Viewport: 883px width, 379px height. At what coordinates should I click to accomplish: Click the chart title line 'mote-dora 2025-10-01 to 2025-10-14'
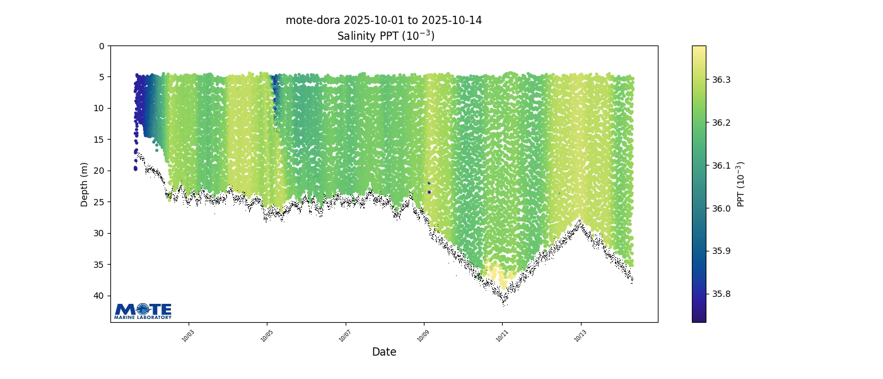[x=383, y=20]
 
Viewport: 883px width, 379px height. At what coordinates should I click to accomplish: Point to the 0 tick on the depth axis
[x=102, y=46]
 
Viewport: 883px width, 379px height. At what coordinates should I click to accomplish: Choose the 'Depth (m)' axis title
[x=85, y=184]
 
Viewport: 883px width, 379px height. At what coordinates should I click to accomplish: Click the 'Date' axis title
[x=383, y=352]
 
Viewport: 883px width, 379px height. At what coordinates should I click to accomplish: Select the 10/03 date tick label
[x=188, y=336]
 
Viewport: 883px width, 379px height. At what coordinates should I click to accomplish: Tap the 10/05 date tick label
[x=267, y=336]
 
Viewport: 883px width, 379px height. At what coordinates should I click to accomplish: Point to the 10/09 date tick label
[x=423, y=336]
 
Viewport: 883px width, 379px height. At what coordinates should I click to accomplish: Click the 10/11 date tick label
[x=502, y=336]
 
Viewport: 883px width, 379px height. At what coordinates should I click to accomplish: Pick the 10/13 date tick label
[x=580, y=336]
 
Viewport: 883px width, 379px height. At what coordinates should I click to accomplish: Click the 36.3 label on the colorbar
[x=722, y=80]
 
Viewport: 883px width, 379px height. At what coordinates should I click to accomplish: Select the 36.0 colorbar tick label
[x=722, y=208]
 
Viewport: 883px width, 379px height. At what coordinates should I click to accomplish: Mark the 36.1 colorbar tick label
[x=722, y=165]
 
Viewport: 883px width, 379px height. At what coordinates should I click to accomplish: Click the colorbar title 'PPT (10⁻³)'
[x=741, y=184]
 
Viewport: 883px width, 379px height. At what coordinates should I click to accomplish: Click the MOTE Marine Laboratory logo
[x=143, y=311]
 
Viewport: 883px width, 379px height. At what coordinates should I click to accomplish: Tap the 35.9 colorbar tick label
[x=722, y=251]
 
